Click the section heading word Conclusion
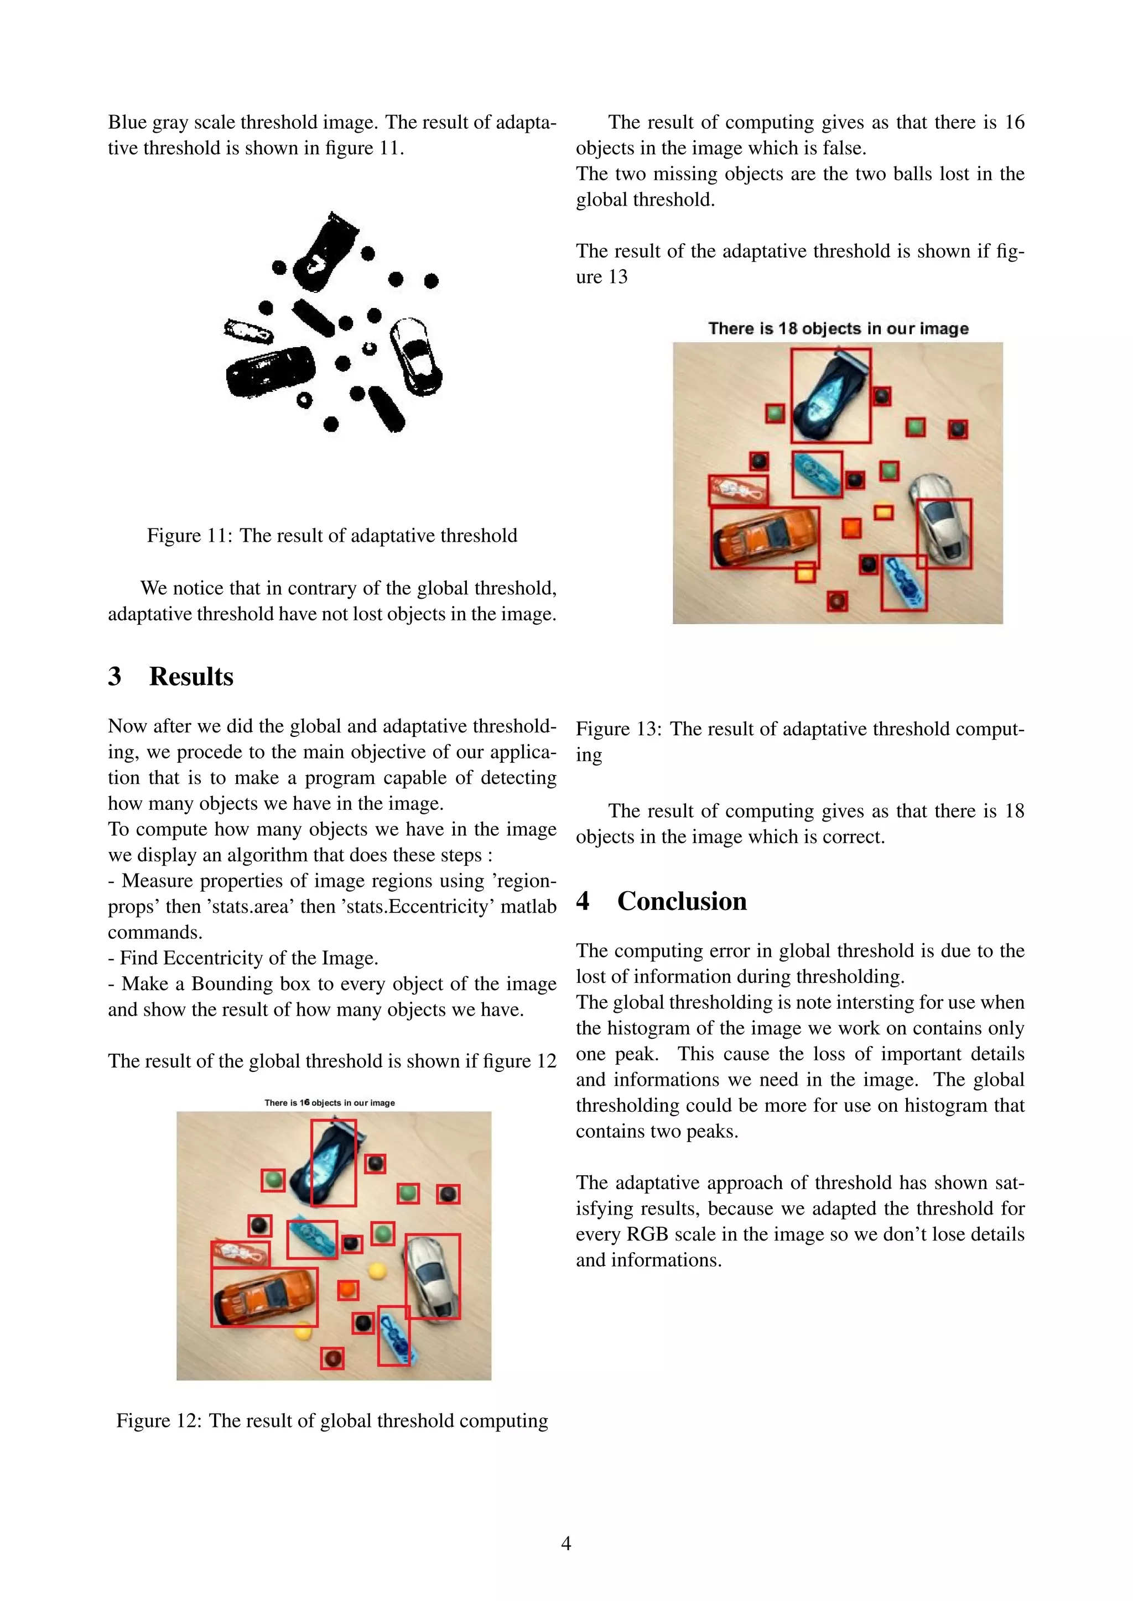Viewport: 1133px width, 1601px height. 682,901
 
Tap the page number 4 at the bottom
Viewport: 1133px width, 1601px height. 566,1542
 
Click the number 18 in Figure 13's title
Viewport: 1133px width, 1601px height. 787,328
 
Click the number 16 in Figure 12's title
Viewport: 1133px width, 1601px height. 305,1102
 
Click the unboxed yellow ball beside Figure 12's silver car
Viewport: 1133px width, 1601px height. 377,1270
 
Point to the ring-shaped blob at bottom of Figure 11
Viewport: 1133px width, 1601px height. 304,400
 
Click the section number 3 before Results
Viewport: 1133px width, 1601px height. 115,676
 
